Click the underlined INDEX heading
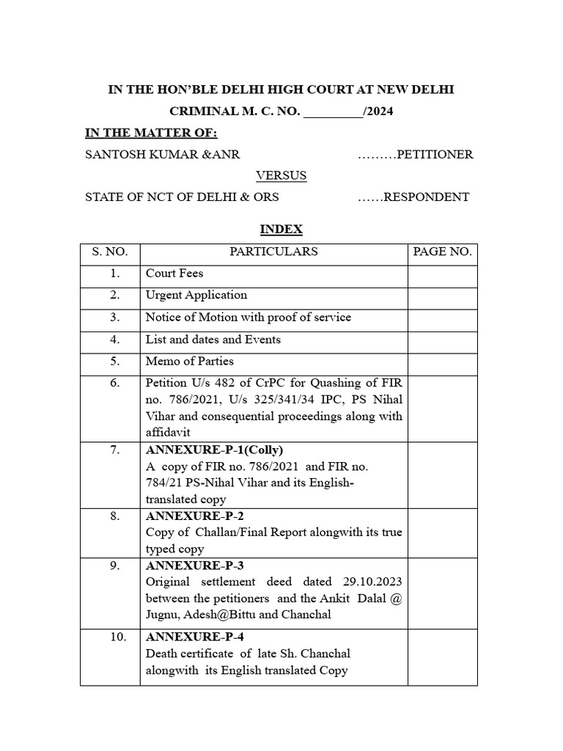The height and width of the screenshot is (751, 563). click(281, 230)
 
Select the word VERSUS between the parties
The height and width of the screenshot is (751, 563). click(281, 176)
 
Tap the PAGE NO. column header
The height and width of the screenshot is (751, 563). click(442, 252)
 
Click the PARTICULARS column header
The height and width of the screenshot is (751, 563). click(273, 252)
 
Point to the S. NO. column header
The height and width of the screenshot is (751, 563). click(110, 252)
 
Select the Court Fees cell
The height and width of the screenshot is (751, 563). click(174, 274)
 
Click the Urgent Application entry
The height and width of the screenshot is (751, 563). click(196, 296)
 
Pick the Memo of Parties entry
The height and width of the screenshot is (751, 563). click(190, 362)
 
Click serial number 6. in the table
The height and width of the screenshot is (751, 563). click(114, 384)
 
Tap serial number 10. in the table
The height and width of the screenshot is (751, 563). click(118, 637)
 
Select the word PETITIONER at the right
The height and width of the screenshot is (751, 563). click(435, 154)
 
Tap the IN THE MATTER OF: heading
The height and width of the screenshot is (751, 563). click(151, 133)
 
